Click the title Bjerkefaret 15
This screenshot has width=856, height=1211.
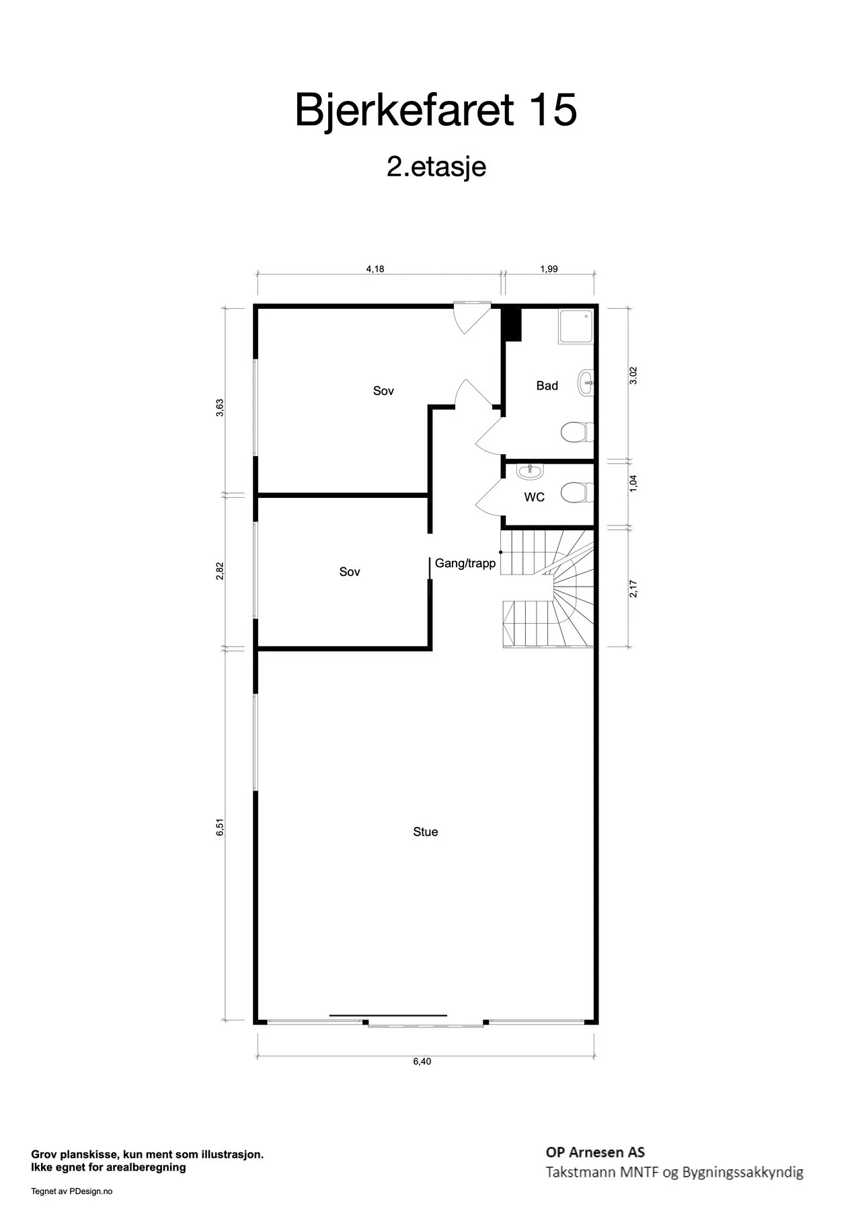[x=436, y=110]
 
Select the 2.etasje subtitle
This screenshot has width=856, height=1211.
[x=436, y=166]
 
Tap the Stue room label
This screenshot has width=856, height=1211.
[x=426, y=832]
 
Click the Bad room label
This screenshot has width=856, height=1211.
[x=547, y=386]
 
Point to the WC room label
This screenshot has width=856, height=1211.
[x=535, y=497]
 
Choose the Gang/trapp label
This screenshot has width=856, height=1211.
[x=465, y=563]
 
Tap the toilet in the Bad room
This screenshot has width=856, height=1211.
[x=578, y=432]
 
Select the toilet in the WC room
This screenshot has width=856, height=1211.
[x=578, y=492]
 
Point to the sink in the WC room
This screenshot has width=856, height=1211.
[x=530, y=472]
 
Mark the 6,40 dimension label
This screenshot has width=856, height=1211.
[x=422, y=1061]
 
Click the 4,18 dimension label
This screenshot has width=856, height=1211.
[x=375, y=269]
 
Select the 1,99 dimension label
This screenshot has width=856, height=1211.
[x=549, y=269]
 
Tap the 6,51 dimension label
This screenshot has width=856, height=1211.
[x=219, y=827]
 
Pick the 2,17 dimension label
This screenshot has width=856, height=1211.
[x=633, y=588]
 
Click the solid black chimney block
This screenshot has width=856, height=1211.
[x=512, y=324]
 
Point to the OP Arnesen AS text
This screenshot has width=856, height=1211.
[x=595, y=1152]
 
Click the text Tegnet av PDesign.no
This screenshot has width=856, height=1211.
[x=72, y=1191]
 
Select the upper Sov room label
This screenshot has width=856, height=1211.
[x=383, y=391]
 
